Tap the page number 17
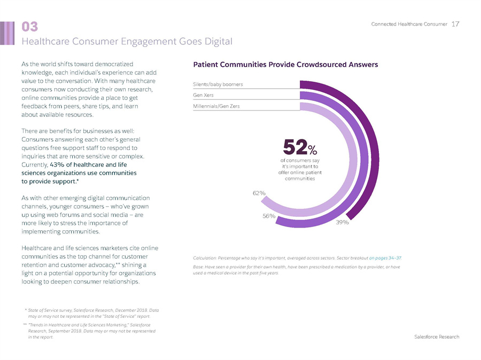point(455,24)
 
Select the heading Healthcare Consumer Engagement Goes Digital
point(127,41)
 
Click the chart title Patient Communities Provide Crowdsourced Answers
point(285,65)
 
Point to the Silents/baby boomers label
point(218,84)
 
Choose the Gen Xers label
point(204,95)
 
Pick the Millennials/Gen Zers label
point(216,106)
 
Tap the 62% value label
point(259,193)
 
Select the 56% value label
point(269,216)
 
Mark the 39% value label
point(342,222)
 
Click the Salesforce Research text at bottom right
point(437,336)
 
